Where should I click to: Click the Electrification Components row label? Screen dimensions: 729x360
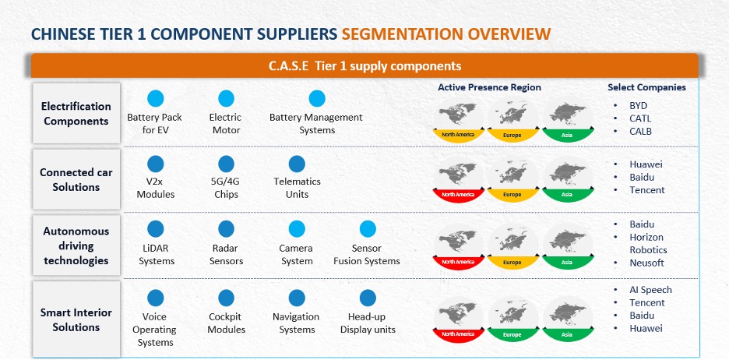click(x=76, y=114)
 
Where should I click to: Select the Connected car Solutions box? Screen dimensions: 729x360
click(x=76, y=179)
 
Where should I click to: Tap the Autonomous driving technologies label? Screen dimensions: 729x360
click(x=76, y=245)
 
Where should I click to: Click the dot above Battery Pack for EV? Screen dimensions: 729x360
click(x=155, y=99)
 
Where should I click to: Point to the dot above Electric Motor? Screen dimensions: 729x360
click(x=226, y=99)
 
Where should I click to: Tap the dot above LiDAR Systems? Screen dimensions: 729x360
click(x=155, y=229)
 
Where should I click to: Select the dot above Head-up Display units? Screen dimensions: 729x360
click(x=368, y=298)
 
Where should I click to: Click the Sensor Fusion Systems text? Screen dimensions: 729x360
click(x=367, y=255)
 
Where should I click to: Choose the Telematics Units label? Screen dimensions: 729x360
click(x=297, y=188)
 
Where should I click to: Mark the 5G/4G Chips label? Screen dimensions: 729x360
click(x=227, y=188)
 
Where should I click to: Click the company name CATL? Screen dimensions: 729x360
click(x=640, y=118)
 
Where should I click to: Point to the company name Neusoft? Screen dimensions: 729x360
click(x=646, y=263)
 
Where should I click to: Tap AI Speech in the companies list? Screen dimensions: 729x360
click(x=650, y=290)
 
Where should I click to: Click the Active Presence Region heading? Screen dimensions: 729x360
click(x=489, y=87)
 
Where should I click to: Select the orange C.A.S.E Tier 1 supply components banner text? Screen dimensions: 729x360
click(x=365, y=66)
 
